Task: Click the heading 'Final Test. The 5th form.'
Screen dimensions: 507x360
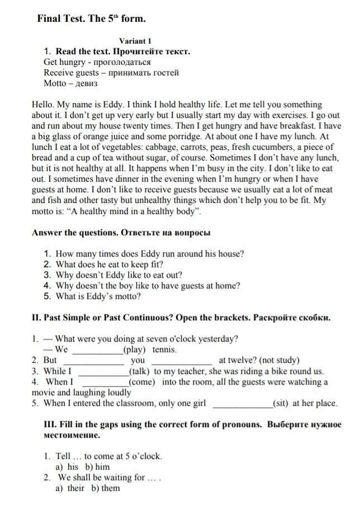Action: pos(91,19)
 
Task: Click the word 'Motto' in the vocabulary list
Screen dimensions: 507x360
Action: pos(55,83)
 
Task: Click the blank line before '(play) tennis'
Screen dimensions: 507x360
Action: pos(98,351)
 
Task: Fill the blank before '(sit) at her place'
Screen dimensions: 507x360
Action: pos(243,404)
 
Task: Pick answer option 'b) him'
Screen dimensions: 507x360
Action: pos(97,467)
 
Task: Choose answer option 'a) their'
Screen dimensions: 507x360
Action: pos(69,488)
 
